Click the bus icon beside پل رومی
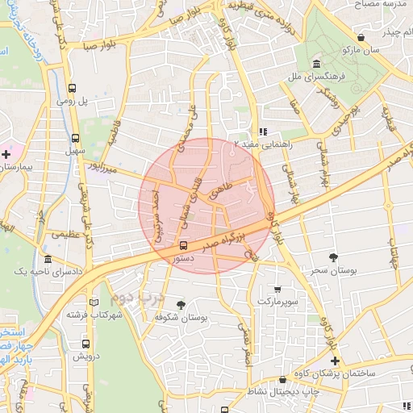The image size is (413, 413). pos(73,89)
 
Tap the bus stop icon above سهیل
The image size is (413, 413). pos(75,138)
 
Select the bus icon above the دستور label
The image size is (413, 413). pos(183,245)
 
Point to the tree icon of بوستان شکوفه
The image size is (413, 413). pos(179,304)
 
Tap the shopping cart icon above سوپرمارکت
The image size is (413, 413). pos(278,289)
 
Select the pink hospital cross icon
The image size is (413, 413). pos(6,152)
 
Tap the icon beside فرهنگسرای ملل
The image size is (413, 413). pos(315,65)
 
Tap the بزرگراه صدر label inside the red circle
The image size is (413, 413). pos(219,240)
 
